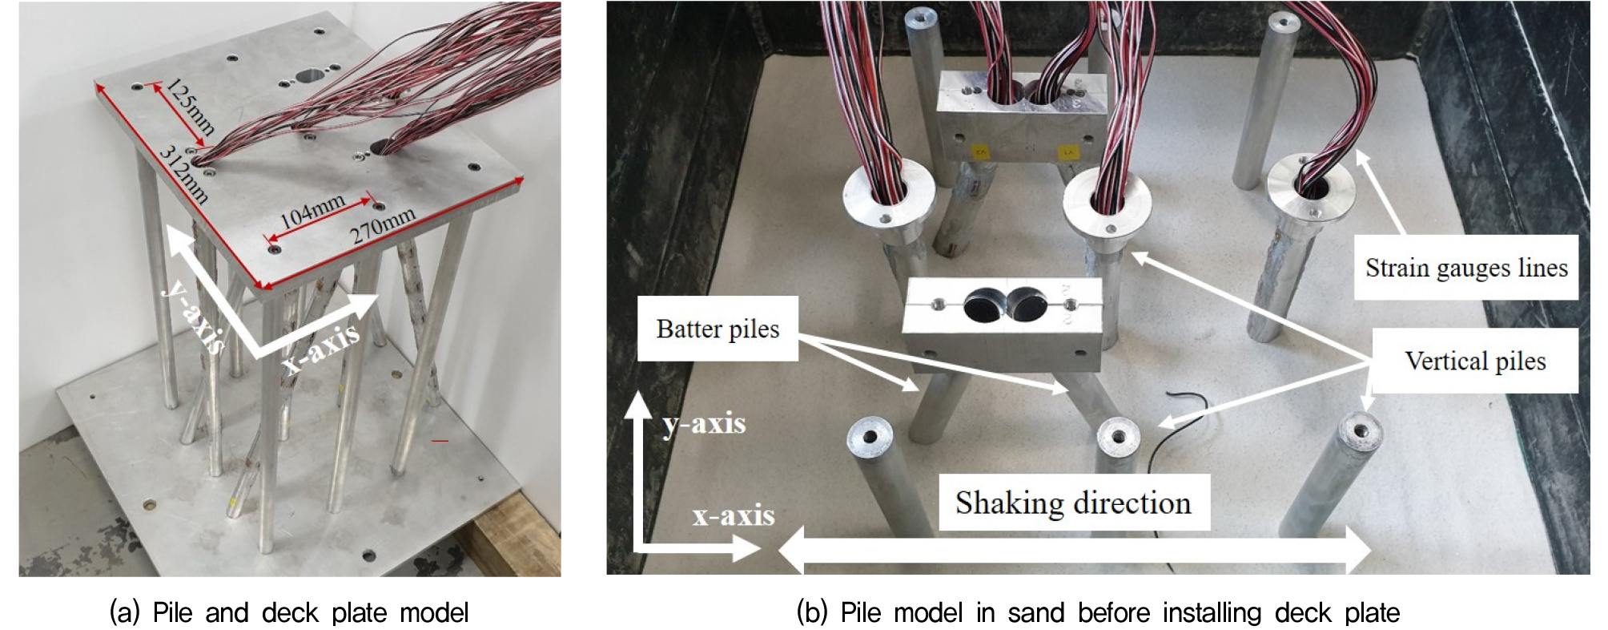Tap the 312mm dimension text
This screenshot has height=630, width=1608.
coord(184,175)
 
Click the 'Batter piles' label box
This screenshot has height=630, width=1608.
coord(718,329)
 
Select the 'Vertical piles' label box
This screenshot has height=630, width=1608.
coord(1475,361)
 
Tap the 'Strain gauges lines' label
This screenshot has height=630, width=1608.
coord(1466,268)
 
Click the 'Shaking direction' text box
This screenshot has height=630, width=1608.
coord(1073,503)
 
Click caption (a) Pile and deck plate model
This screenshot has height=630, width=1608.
coord(289,612)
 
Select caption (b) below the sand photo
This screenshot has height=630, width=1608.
coord(1098,612)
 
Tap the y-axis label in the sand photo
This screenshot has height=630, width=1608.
coord(704,423)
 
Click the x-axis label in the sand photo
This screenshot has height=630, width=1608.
coord(734,515)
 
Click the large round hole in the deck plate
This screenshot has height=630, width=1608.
coord(311,76)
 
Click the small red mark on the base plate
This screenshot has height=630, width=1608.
coord(440,440)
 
